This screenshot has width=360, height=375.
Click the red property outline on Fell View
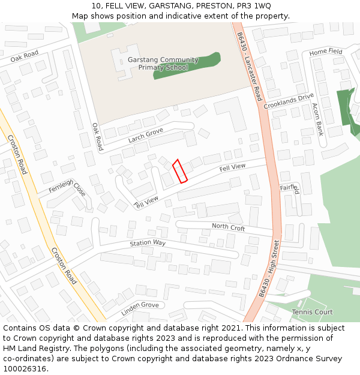click(x=180, y=171)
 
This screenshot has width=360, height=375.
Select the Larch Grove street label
click(x=146, y=135)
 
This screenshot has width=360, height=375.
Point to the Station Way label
click(x=148, y=243)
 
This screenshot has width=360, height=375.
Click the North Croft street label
click(x=228, y=227)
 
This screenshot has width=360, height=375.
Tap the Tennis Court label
click(x=312, y=312)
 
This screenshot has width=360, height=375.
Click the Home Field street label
click(x=326, y=52)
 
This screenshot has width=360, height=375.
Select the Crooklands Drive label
click(x=289, y=101)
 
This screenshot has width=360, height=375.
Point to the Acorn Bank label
click(x=318, y=119)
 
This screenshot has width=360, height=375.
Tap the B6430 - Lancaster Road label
click(x=250, y=67)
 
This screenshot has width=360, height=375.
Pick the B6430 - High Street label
click(x=269, y=269)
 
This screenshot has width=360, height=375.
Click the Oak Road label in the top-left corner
click(x=25, y=56)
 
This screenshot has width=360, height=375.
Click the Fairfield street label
click(x=289, y=188)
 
